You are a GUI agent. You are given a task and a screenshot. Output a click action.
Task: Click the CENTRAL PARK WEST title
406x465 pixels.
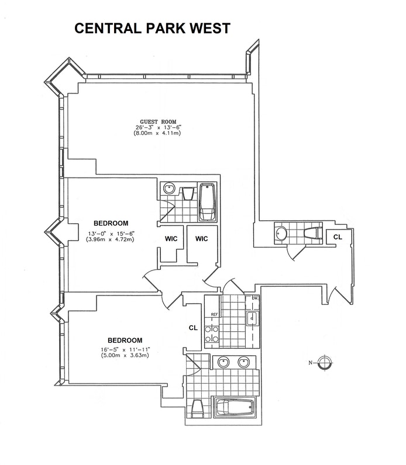[152, 29]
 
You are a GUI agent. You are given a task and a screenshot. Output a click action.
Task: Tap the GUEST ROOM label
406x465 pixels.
[157, 122]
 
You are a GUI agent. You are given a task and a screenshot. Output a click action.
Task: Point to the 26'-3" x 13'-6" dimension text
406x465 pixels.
[157, 128]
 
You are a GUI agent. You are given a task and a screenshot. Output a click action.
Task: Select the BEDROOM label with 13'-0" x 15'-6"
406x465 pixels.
[111, 223]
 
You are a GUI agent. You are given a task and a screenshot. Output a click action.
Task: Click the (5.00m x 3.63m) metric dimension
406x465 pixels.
[125, 355]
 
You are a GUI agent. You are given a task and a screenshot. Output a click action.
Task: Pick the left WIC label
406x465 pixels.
[170, 238]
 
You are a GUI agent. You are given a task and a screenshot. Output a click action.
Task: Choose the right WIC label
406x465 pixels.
[202, 238]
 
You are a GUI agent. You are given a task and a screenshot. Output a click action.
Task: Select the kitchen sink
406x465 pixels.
[252, 318]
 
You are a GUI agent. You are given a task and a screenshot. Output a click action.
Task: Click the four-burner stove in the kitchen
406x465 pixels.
[211, 333]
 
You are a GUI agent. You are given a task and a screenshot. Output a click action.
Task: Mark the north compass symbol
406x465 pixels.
[325, 363]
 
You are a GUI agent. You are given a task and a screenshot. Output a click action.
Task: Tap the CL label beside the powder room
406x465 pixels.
[338, 237]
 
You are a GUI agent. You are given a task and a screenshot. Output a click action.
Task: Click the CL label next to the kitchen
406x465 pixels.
[193, 328]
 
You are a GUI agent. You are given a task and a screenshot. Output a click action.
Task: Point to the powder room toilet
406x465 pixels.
[312, 233]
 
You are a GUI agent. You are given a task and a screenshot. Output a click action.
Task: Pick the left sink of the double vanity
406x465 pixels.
[223, 363]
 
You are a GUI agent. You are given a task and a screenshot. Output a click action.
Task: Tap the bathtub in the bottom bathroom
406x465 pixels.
[235, 407]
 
